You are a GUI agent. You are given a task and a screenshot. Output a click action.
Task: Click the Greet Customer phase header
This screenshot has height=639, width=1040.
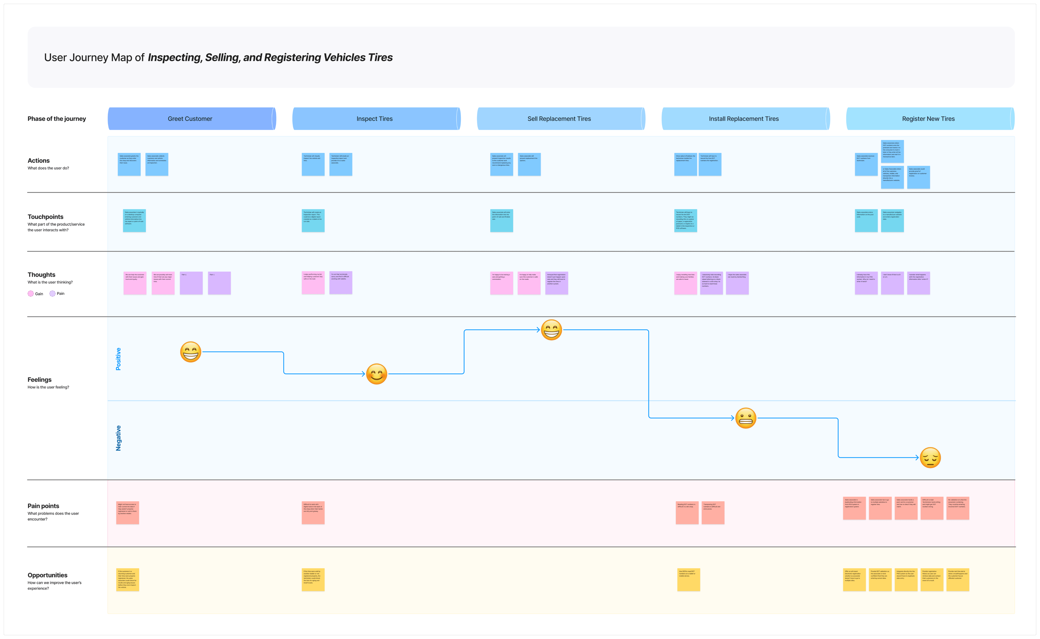click(190, 119)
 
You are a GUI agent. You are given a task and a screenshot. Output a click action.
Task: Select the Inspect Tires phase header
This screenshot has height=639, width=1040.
click(375, 119)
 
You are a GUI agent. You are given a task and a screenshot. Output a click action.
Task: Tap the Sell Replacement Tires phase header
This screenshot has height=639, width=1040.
click(559, 119)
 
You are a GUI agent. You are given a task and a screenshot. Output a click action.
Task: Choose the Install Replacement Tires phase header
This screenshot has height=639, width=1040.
click(744, 119)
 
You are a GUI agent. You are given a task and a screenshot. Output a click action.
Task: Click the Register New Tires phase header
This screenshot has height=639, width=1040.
click(928, 119)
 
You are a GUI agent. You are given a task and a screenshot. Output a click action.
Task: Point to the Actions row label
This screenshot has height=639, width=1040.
click(38, 161)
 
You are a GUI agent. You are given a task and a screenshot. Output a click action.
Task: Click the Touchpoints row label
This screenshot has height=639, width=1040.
click(45, 217)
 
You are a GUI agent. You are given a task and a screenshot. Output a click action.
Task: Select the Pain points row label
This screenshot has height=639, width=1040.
click(43, 506)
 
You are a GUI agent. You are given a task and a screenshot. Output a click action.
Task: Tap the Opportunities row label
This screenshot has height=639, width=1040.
click(47, 575)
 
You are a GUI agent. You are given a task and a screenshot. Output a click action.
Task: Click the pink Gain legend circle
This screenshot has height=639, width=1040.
click(30, 294)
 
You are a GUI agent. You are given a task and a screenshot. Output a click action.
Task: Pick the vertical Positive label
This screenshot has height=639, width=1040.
click(118, 359)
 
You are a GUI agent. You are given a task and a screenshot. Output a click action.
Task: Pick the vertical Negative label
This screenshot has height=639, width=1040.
click(118, 438)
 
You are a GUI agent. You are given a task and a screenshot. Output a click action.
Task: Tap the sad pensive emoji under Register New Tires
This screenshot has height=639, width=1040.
click(930, 458)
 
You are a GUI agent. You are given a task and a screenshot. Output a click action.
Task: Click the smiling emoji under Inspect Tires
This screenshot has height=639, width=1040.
click(376, 374)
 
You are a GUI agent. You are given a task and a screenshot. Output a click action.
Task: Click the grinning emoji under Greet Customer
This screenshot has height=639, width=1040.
click(190, 352)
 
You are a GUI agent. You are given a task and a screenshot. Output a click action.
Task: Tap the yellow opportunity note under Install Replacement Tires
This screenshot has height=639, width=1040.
click(688, 579)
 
